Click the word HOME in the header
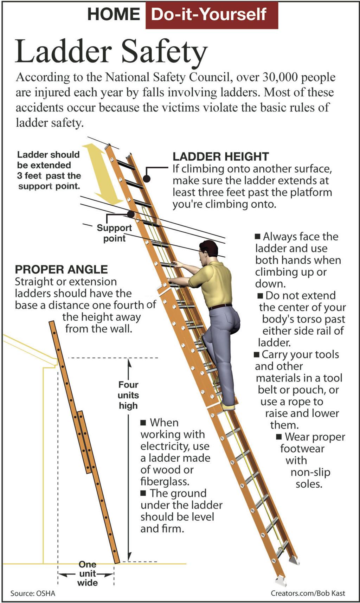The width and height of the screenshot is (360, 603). pyautogui.click(x=114, y=15)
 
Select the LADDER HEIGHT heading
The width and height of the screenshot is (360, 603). pyautogui.click(x=220, y=156)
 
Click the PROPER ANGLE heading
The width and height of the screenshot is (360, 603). pyautogui.click(x=61, y=269)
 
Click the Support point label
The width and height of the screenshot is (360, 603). pyautogui.click(x=114, y=233)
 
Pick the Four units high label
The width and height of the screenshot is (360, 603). pyautogui.click(x=128, y=395)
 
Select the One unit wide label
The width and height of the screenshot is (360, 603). pyautogui.click(x=87, y=573)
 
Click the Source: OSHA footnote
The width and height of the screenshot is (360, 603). pyautogui.click(x=33, y=593)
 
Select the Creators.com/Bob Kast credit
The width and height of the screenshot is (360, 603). pyautogui.click(x=308, y=593)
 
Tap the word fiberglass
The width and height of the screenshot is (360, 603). pyautogui.click(x=165, y=481)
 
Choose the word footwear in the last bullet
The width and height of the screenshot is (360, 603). pyautogui.click(x=302, y=449)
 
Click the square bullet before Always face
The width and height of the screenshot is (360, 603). pyautogui.click(x=258, y=236)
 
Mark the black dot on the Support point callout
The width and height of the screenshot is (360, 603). pyautogui.click(x=131, y=214)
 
